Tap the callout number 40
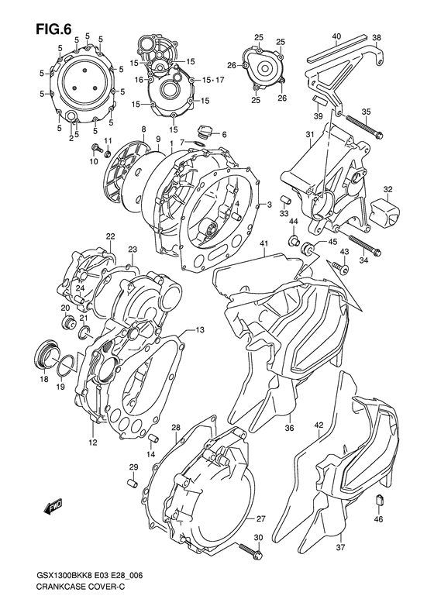click(x=336, y=36)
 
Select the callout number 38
click(x=376, y=36)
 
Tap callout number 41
click(x=263, y=245)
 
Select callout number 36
click(x=289, y=426)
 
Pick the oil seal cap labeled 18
click(x=46, y=354)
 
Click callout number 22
click(x=111, y=236)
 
